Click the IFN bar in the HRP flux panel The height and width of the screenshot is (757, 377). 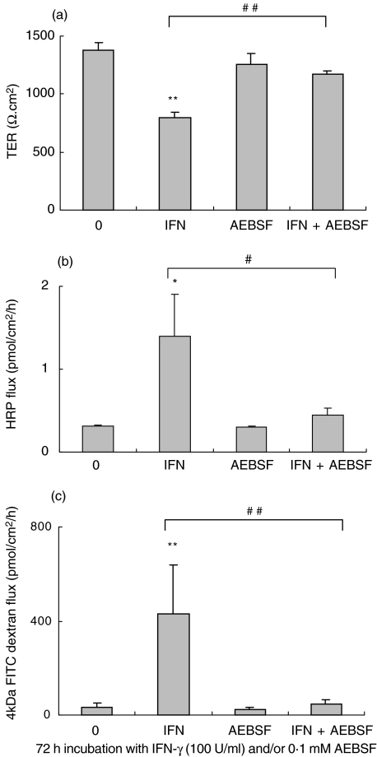point(169,382)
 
